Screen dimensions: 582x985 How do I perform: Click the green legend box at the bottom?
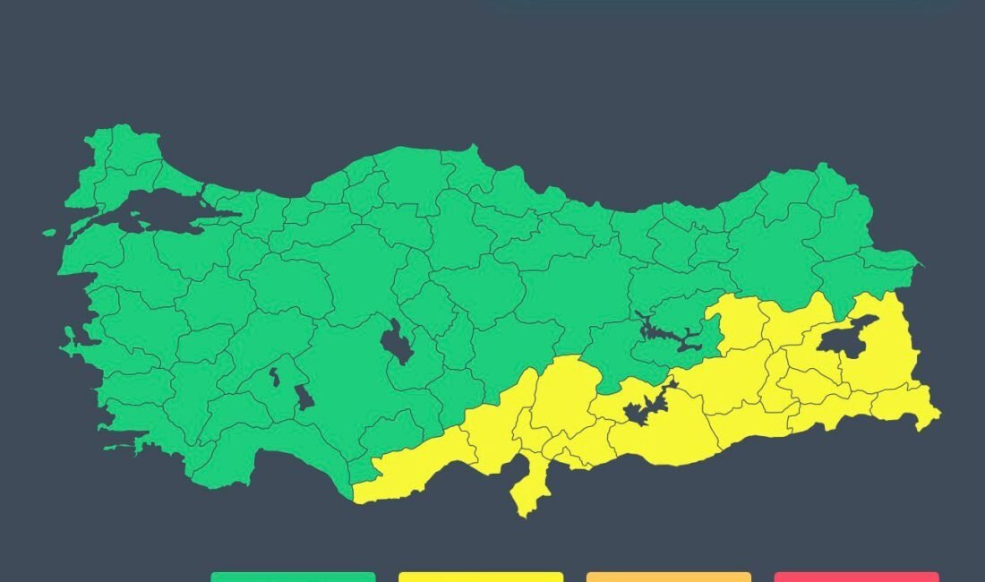click(293, 577)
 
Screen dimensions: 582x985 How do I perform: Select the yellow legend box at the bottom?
click(481, 577)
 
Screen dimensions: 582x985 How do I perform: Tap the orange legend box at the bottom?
click(669, 577)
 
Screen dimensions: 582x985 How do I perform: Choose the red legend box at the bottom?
click(857, 577)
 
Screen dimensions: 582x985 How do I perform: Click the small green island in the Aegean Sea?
click(48, 233)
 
